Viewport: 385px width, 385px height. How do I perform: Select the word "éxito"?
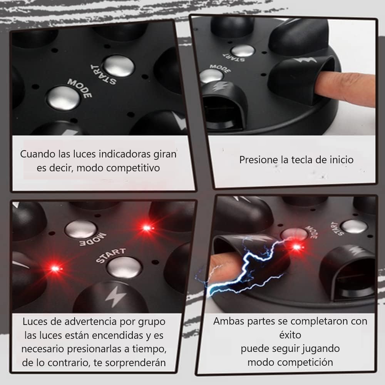coord(290,335)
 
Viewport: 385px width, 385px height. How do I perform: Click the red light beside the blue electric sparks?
coord(296,247)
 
